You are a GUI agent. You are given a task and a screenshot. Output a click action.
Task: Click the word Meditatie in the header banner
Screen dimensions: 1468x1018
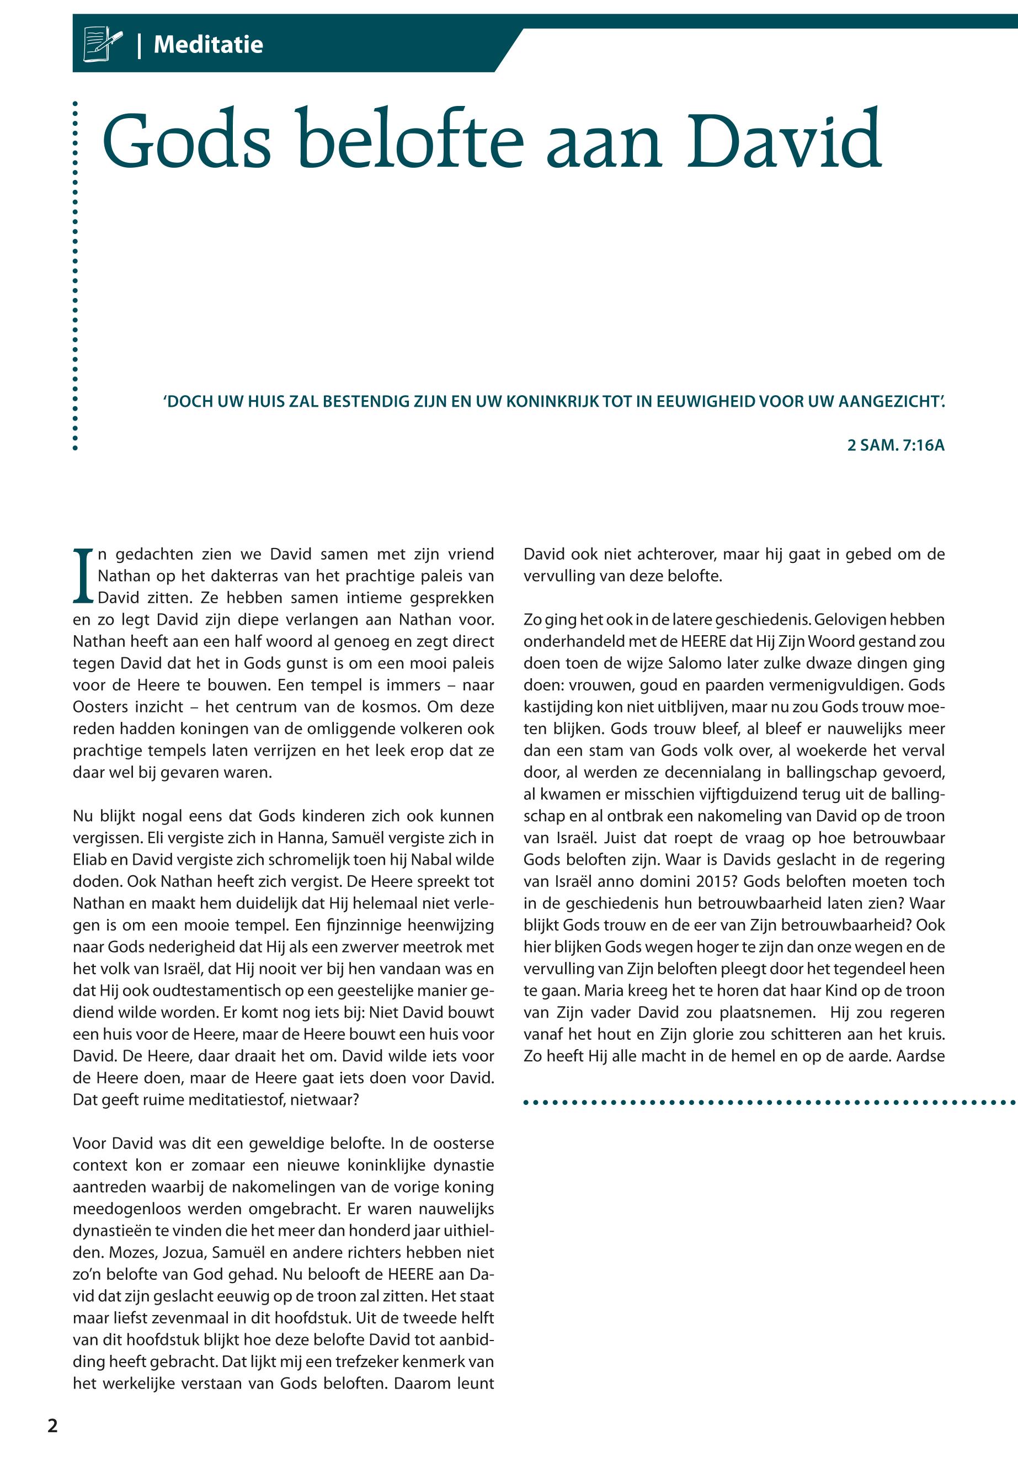tap(208, 45)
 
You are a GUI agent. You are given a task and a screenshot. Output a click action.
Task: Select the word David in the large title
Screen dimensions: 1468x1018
tap(784, 140)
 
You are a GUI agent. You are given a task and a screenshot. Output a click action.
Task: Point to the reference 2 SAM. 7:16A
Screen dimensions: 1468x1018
tap(896, 445)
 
